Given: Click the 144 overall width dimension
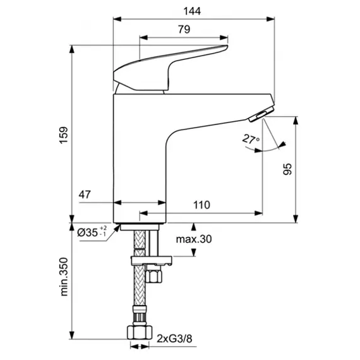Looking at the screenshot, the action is [192, 11].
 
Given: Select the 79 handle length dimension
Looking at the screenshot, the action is [184, 30].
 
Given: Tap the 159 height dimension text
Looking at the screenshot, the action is [64, 135].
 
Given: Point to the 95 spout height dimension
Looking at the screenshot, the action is [287, 169].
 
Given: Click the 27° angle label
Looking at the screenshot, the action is [251, 139].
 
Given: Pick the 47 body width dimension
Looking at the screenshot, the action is [85, 195].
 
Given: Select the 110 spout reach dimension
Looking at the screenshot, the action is [201, 205].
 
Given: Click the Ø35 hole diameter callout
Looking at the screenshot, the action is [92, 232].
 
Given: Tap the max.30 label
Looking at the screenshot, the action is [194, 239].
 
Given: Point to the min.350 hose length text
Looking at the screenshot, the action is [64, 277].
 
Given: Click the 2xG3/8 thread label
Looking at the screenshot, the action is [174, 339].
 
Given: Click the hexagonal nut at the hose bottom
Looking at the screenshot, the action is [140, 332].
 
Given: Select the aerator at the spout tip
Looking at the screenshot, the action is [261, 114].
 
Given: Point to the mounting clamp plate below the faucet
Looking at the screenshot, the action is [151, 261].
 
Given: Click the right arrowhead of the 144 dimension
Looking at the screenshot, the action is [271, 19].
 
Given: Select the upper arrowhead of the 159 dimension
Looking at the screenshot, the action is [72, 49].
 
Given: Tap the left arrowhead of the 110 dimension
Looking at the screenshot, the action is [143, 213].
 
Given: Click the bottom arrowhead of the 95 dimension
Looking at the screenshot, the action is [296, 219].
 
